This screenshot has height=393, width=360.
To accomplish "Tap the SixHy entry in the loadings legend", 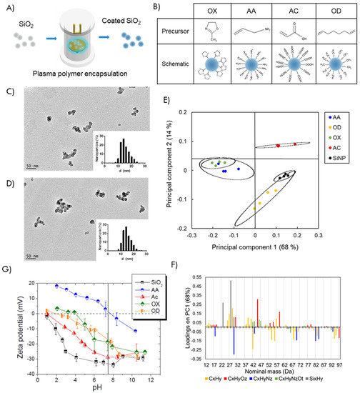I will pyautogui.click(x=338, y=382).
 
